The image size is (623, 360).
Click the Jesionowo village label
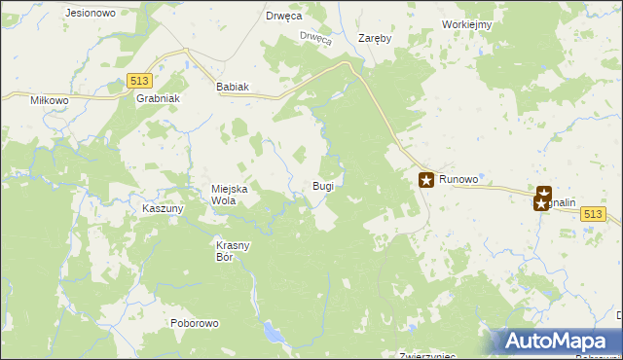point(89,14)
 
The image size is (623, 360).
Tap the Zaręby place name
point(374,39)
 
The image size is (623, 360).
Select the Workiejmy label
point(465,24)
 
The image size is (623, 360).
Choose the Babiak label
point(233,87)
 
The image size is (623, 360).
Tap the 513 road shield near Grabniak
point(137,82)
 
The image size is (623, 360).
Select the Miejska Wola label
point(231,195)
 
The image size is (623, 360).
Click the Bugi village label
point(323,185)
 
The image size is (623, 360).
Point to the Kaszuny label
point(163,209)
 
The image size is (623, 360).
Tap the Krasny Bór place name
point(234,251)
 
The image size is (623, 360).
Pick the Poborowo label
point(195,323)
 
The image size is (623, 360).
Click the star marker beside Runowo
point(426,179)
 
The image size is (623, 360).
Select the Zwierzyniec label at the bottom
point(428,355)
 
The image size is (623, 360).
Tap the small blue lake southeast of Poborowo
point(276,336)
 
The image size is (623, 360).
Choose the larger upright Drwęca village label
point(283,17)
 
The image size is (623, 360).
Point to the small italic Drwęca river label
point(316,39)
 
